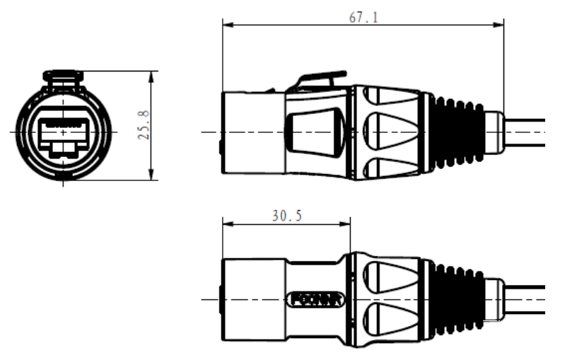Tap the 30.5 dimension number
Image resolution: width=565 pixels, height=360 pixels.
coord(286,216)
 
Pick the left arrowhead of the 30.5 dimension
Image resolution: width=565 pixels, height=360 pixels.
coord(226,226)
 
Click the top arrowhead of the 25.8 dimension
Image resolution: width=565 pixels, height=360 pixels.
coord(152,74)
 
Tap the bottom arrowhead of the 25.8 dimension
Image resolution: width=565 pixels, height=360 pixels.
coord(152,178)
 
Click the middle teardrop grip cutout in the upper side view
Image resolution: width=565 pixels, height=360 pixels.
coord(391,132)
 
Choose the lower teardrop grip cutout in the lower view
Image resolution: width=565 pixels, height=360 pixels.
coord(391,321)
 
